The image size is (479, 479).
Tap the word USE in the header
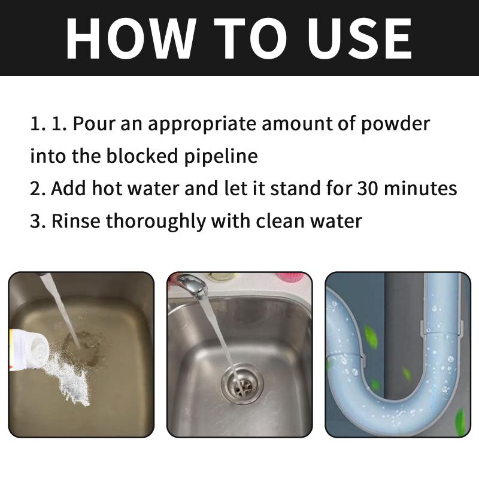pyautogui.click(x=359, y=38)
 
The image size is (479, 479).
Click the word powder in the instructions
pyautogui.click(x=395, y=125)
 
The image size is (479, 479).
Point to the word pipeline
pyautogui.click(x=221, y=157)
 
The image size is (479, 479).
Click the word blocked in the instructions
pyautogui.click(x=142, y=156)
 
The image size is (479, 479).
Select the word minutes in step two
pyautogui.click(x=420, y=188)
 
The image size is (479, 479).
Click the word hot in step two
pyautogui.click(x=107, y=188)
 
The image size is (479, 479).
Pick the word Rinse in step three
pyautogui.click(x=76, y=220)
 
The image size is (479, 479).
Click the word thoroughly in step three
pyautogui.click(x=156, y=221)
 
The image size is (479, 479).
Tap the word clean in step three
pyautogui.click(x=280, y=220)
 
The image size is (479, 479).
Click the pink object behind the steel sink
pyautogui.click(x=291, y=277)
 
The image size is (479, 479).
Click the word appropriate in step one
pyautogui.click(x=202, y=125)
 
